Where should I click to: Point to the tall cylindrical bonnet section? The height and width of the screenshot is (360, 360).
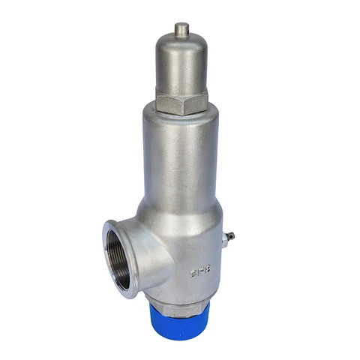[180, 157]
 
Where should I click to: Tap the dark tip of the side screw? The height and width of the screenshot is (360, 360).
[232, 237]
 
